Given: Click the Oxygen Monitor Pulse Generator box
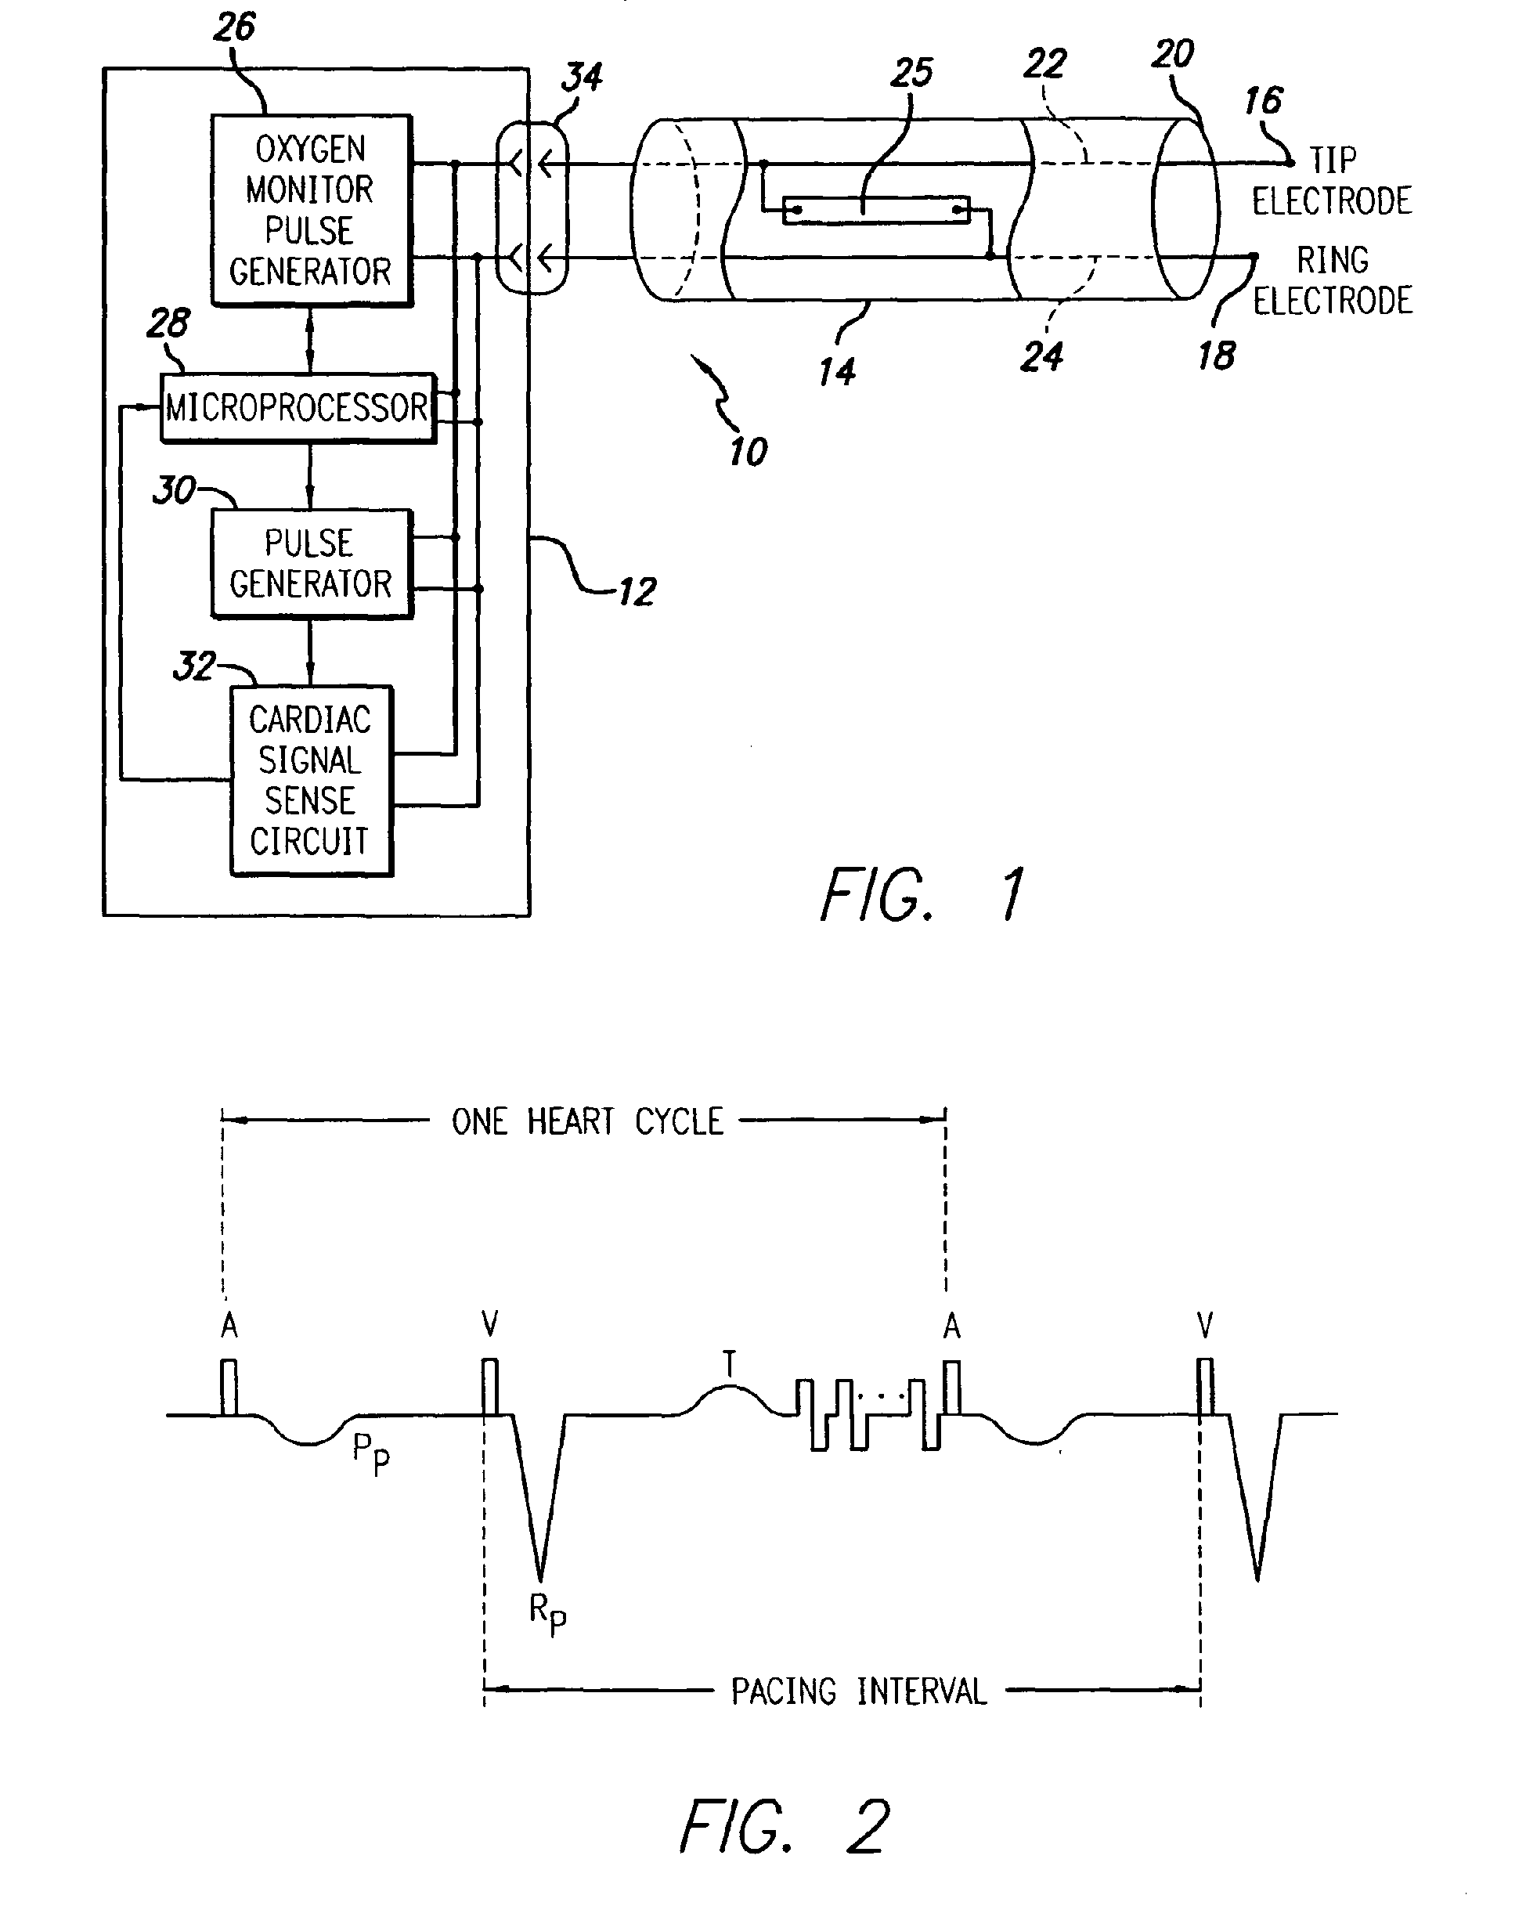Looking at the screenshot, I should pyautogui.click(x=311, y=210).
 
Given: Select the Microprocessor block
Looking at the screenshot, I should pyautogui.click(x=298, y=408).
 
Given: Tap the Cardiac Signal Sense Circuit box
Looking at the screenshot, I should pyautogui.click(x=311, y=780).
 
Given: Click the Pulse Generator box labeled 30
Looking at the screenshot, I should pyautogui.click(x=311, y=563).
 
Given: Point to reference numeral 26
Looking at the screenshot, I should pyautogui.click(x=235, y=27).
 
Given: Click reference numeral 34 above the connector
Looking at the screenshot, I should pyautogui.click(x=582, y=77).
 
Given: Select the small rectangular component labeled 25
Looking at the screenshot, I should pyautogui.click(x=875, y=210).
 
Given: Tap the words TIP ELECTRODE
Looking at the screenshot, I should pyautogui.click(x=1332, y=181).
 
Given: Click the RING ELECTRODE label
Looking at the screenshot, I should pyautogui.click(x=1333, y=280).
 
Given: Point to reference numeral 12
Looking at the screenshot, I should pyautogui.click(x=637, y=592).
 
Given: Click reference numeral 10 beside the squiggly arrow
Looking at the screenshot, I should pyautogui.click(x=748, y=453).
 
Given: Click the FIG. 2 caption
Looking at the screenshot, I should pyautogui.click(x=785, y=1826).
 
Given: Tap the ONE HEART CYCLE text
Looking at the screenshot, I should pyautogui.click(x=586, y=1121).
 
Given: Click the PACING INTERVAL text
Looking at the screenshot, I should pyautogui.click(x=858, y=1691).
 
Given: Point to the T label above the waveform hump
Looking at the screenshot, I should pyautogui.click(x=729, y=1363).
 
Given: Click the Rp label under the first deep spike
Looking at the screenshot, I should pyautogui.click(x=547, y=1612).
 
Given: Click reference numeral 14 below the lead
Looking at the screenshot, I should pyautogui.click(x=837, y=371).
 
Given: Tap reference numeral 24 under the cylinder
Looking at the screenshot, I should pyautogui.click(x=1041, y=356).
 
